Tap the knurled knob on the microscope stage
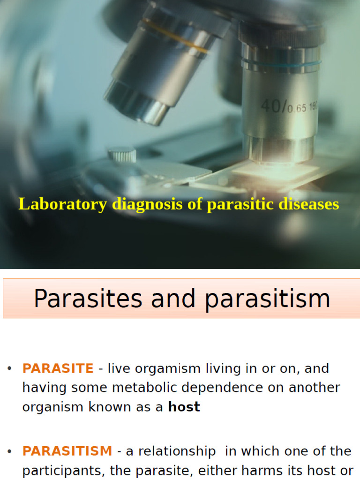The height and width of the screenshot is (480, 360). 122,155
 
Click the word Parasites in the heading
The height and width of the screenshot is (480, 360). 89,299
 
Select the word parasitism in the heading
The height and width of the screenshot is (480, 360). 268,299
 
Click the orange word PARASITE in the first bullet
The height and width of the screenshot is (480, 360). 58,368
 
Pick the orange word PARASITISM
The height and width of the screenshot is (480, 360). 67,451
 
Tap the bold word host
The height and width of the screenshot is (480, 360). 184,407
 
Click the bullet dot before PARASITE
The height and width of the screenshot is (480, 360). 9,369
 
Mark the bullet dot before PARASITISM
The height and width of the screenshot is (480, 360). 9,451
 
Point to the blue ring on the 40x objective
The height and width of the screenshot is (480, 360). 281,63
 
